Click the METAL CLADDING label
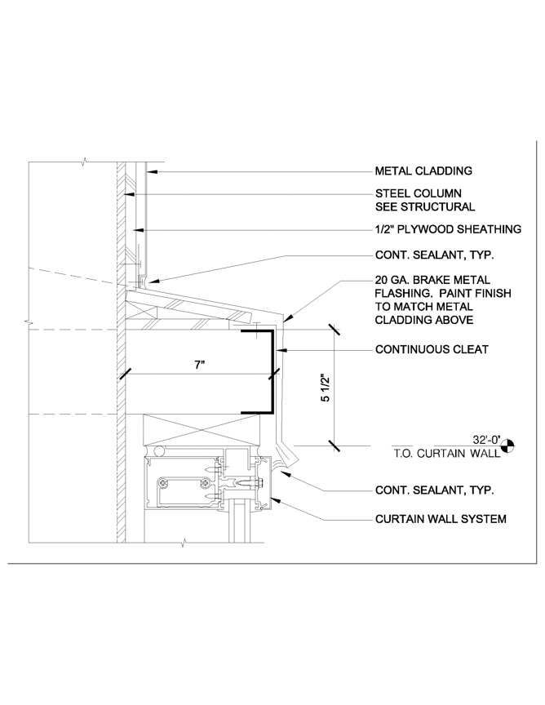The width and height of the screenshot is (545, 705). [x=423, y=171]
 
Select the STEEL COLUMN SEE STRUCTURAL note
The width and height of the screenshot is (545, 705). [x=423, y=201]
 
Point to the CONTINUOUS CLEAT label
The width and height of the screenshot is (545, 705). [x=432, y=350]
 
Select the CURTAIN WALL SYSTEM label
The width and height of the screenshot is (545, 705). [x=441, y=518]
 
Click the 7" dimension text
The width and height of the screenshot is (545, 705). [x=199, y=365]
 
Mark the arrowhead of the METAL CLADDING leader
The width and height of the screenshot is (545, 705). [x=150, y=172]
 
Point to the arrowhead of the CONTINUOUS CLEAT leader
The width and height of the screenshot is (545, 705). [x=281, y=350]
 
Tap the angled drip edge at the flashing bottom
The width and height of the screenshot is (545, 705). [x=287, y=454]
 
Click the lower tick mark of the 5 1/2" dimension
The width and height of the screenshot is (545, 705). [x=333, y=445]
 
